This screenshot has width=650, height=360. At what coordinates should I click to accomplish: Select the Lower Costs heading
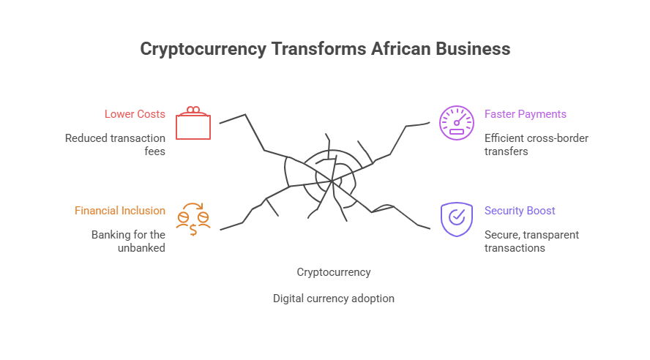[x=135, y=114]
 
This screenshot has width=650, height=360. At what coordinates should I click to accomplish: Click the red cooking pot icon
[x=193, y=123]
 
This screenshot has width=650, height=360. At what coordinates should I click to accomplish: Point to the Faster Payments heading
[x=525, y=114]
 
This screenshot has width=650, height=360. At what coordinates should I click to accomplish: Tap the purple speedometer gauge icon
[x=456, y=123]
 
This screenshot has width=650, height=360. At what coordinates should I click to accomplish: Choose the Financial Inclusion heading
[x=120, y=211]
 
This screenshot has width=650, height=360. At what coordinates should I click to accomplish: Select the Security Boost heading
[x=520, y=211]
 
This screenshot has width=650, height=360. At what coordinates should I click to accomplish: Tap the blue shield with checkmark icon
[x=456, y=219]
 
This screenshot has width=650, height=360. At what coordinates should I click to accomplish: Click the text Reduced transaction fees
[x=115, y=144]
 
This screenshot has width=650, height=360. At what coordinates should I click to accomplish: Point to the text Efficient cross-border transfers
[x=536, y=144]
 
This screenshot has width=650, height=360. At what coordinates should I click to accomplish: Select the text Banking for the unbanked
[x=129, y=241]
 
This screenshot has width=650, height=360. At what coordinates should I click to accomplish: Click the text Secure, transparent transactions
[x=531, y=241]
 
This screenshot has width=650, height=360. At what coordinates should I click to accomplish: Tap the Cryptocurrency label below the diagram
[x=334, y=272]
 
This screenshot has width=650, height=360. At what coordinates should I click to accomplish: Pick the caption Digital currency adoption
[x=334, y=299]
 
